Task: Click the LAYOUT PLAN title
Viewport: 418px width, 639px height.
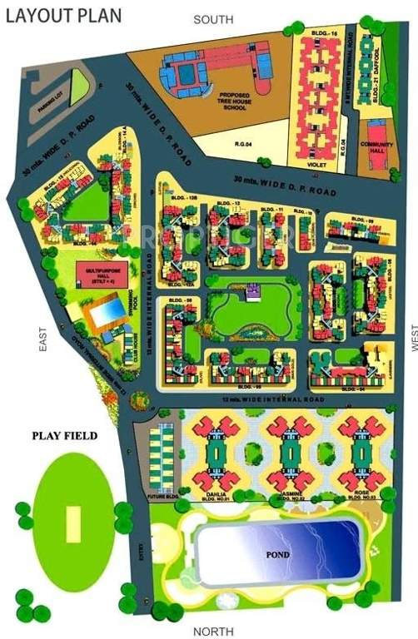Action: tap(62, 14)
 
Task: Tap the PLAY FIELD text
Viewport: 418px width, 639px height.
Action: tap(65, 435)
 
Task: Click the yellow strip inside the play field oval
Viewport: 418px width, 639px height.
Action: tap(73, 522)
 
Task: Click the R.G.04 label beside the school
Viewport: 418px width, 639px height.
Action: tap(243, 144)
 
